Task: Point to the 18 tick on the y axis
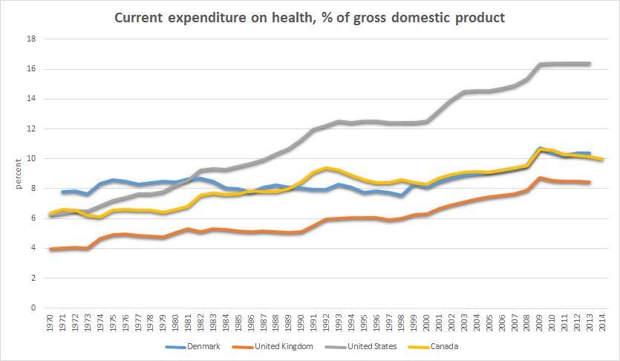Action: click(x=31, y=39)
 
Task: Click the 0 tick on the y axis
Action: click(x=33, y=308)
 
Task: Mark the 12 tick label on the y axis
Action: click(x=31, y=129)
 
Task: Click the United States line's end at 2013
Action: click(x=589, y=64)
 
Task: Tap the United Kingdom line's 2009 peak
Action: click(x=539, y=178)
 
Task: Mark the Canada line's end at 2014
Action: click(x=601, y=159)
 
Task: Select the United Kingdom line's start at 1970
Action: click(x=51, y=249)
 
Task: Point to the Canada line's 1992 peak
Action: click(x=326, y=168)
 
